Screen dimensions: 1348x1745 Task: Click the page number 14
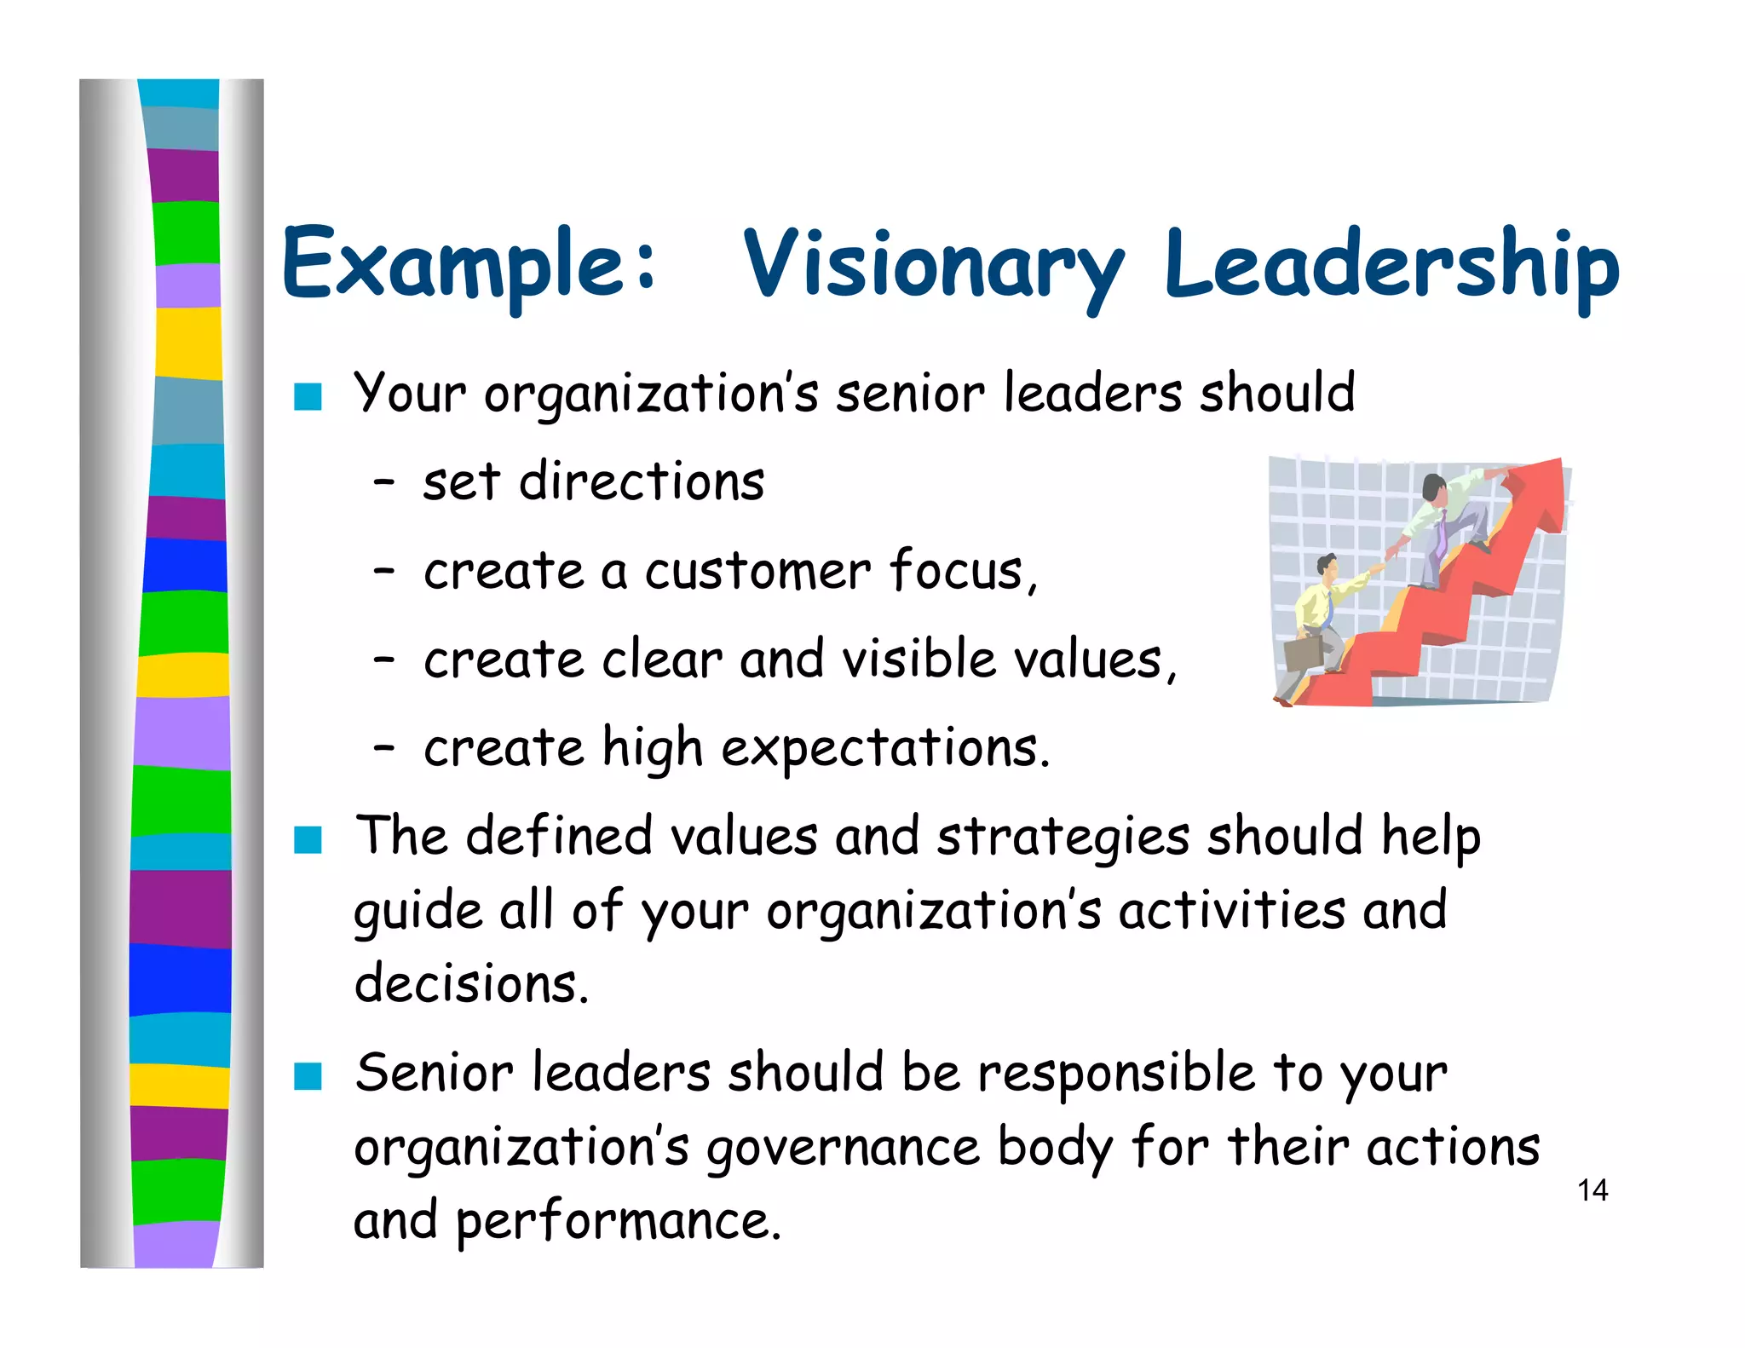(x=1592, y=1190)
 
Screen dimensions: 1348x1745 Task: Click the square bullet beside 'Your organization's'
(x=308, y=397)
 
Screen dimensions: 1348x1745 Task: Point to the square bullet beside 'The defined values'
(x=308, y=839)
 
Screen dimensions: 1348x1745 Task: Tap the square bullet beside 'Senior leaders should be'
(x=308, y=1076)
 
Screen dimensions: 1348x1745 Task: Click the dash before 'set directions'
(x=384, y=484)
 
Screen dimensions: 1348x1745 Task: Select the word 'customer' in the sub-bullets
(x=757, y=571)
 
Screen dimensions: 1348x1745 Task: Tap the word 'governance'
(x=843, y=1148)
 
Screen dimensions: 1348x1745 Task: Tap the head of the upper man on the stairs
(x=1435, y=487)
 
